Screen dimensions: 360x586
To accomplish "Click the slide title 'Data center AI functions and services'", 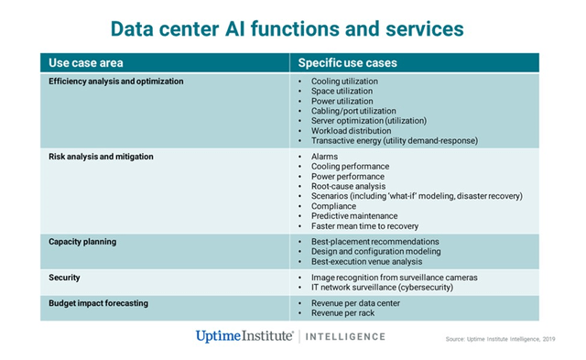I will click(x=293, y=27).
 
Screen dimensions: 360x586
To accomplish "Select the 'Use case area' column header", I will click(x=85, y=63).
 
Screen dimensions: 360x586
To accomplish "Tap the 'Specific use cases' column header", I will click(x=347, y=63).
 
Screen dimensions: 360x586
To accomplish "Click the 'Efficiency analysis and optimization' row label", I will click(x=116, y=82).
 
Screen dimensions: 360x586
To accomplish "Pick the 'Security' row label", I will click(x=64, y=277).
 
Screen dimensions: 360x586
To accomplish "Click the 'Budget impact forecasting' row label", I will click(x=98, y=302).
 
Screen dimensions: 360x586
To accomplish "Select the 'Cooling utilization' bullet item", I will click(x=343, y=82).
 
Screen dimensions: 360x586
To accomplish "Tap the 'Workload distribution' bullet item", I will click(x=350, y=131).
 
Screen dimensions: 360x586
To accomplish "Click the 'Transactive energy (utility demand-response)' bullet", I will click(x=394, y=141).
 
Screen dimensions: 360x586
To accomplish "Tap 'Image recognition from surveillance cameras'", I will click(x=394, y=277).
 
